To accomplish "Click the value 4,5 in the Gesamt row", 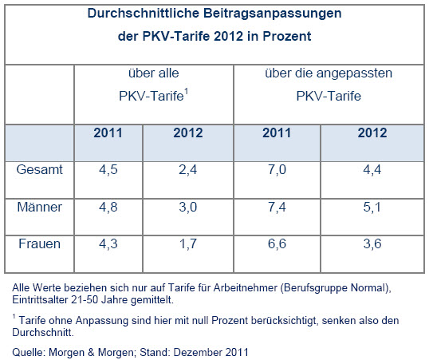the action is coord(108,170).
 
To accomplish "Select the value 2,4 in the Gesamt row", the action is coord(188,170).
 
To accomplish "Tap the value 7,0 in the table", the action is coord(277,170).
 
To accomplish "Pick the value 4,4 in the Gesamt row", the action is coord(372,170).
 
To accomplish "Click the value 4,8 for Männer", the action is coord(108,207).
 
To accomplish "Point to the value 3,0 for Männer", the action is coord(188,207).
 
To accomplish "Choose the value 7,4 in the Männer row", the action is coord(277,207).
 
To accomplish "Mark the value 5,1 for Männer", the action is coord(372,207).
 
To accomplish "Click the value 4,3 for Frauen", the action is coord(108,243).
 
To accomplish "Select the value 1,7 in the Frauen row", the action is coord(188,243).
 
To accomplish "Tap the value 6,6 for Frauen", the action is coord(277,243).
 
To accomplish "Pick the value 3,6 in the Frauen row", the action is coord(372,243).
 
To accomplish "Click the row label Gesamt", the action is coord(40,169).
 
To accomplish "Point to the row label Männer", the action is coord(40,207).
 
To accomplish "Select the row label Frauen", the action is coord(40,243).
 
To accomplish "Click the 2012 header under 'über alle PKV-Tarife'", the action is coord(188,133).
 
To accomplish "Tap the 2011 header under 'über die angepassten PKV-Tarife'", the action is coord(277,133).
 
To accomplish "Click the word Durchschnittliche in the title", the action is coord(143,13).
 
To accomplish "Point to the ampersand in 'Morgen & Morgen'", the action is coord(91,352).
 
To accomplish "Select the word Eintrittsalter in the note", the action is coord(40,299).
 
